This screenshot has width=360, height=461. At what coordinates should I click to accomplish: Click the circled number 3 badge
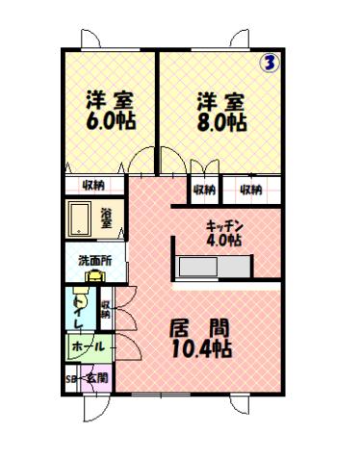[270, 64]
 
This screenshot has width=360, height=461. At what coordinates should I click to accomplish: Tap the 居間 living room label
[202, 326]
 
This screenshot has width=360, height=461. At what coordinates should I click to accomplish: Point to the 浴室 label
[106, 218]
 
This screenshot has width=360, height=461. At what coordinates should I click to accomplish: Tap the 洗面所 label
[94, 261]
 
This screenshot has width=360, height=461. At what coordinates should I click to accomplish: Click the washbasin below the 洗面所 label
[94, 276]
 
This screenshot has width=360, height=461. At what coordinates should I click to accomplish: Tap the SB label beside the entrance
[70, 379]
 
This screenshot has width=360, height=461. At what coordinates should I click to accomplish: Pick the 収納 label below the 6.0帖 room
[93, 187]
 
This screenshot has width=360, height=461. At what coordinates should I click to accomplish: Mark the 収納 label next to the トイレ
[106, 309]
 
